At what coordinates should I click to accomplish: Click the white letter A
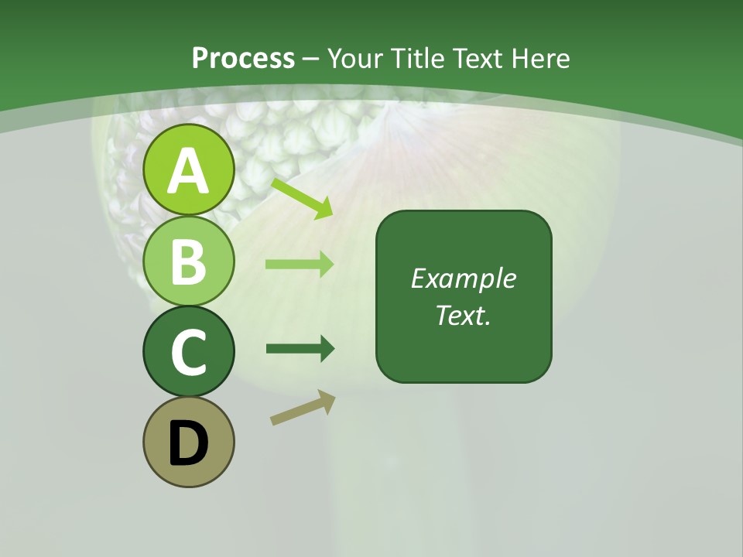point(188,171)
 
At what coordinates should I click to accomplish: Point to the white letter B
point(188,261)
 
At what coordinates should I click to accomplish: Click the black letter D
point(188,443)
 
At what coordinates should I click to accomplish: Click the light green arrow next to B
point(300,265)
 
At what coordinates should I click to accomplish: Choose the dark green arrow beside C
point(300,349)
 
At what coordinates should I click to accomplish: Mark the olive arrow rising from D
point(303,408)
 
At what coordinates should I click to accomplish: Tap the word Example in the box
point(464,278)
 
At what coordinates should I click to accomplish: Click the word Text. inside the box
point(464,316)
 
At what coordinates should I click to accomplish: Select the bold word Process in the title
point(243,58)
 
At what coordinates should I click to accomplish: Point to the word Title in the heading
point(417,58)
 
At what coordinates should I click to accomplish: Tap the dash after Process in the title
point(311,59)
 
